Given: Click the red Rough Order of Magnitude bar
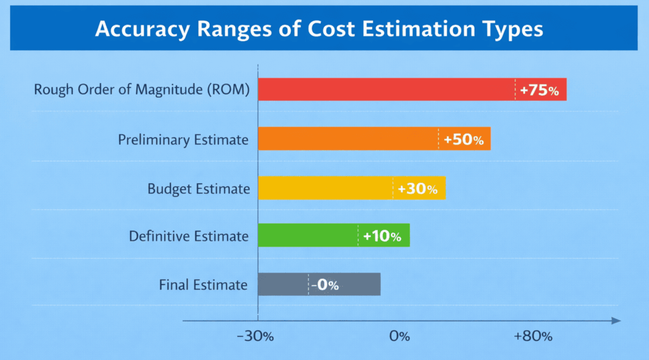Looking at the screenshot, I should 387,89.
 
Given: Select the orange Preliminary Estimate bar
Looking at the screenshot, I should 349,139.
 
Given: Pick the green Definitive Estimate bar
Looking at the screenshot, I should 308,236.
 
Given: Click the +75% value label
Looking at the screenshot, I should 539,91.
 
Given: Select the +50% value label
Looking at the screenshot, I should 464,139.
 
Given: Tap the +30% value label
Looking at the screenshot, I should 418,189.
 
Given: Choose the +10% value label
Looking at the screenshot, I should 382,237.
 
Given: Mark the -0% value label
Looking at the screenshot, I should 324,285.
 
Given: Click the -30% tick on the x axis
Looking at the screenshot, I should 255,336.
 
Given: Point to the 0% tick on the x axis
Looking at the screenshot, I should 400,336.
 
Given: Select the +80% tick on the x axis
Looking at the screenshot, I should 533,336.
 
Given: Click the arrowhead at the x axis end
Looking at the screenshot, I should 615,321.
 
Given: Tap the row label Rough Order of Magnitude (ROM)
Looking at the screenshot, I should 142,90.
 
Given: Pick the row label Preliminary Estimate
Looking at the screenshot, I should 183,139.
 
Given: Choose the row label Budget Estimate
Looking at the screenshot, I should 198,188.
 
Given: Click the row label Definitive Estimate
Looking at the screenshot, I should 188,236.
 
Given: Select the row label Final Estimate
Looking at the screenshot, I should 203,285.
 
